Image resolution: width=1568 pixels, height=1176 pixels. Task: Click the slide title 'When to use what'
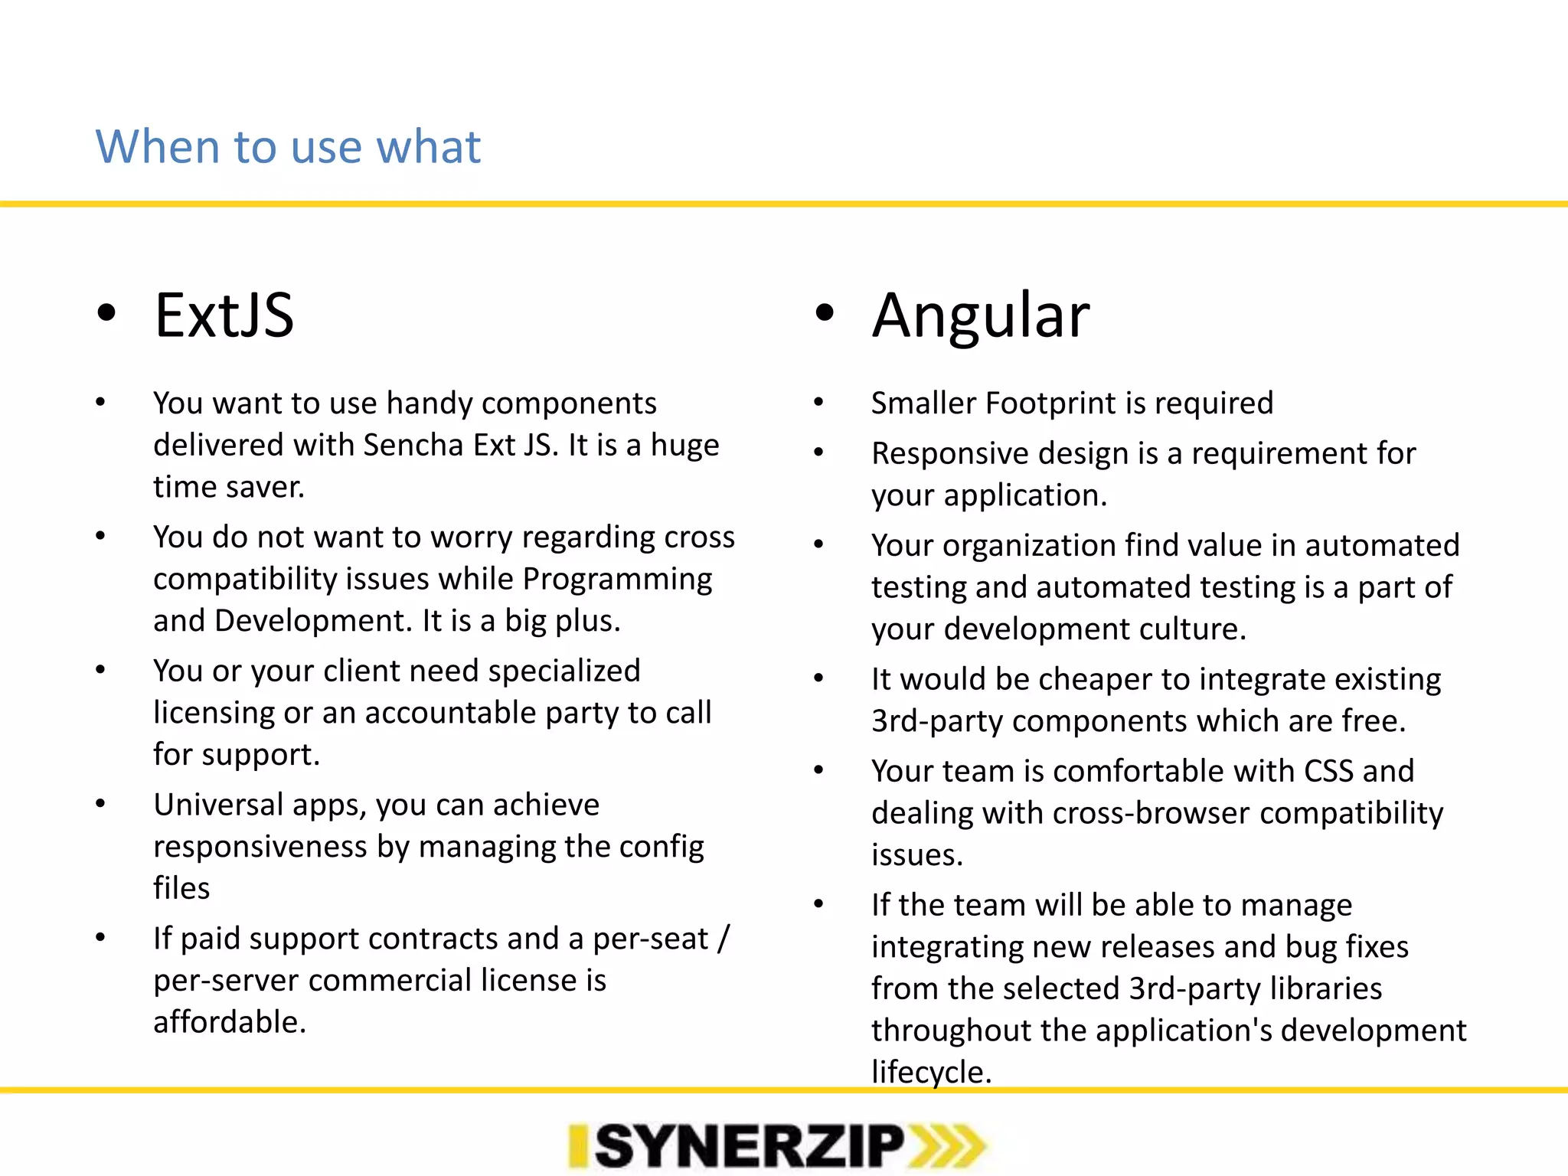coord(288,146)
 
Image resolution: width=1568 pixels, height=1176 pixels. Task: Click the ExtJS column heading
coord(224,315)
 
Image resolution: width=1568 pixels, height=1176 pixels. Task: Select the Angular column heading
coord(980,315)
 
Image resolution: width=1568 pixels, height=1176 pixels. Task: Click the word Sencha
coord(413,445)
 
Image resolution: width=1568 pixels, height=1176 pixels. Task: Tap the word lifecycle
coord(930,1072)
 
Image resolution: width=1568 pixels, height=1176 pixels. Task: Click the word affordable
coord(229,1022)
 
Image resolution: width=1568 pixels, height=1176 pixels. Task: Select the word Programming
coord(616,580)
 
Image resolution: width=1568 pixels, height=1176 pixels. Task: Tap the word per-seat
coord(651,939)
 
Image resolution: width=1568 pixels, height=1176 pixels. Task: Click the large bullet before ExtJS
coord(106,313)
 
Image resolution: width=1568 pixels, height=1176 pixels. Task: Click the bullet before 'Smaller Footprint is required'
coord(818,402)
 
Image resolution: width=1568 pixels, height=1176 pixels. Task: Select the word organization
coord(1028,545)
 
